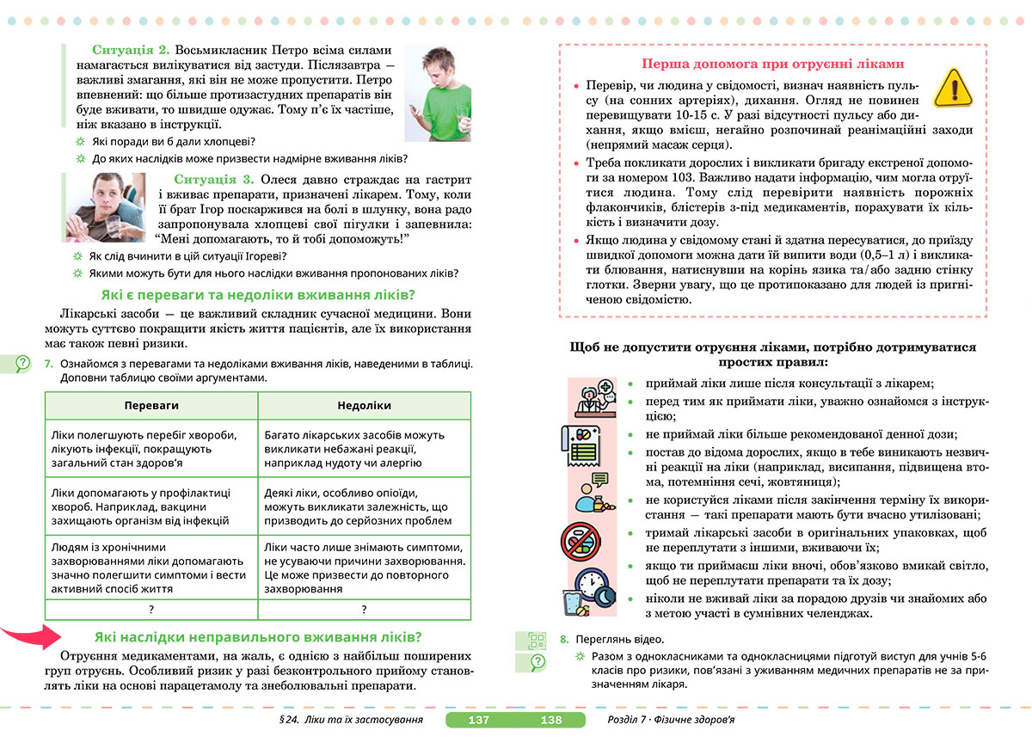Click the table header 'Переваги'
[151, 405]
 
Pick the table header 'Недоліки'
[364, 405]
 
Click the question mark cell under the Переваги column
[151, 610]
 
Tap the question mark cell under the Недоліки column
[364, 610]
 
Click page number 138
[550, 720]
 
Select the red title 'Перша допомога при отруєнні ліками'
[773, 64]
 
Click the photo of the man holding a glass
[107, 207]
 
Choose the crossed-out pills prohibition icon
[583, 543]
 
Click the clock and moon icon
[589, 590]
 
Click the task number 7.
[49, 364]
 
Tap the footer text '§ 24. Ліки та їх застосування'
[346, 720]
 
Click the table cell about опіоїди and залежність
[364, 506]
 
